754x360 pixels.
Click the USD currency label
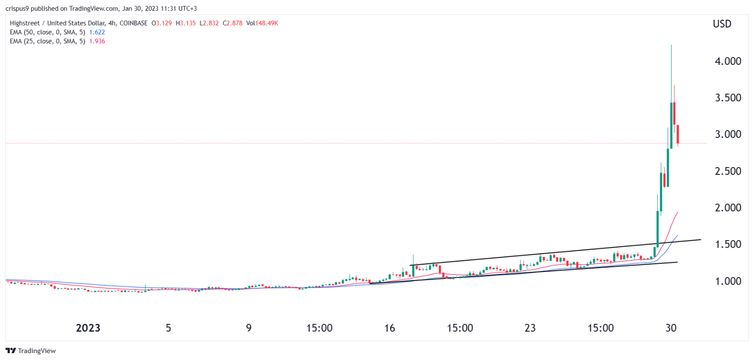tap(721, 24)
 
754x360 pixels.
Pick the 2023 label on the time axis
tap(88, 328)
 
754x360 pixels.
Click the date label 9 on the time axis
tap(249, 328)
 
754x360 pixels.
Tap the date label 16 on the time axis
tap(390, 328)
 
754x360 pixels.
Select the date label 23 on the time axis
tap(530, 328)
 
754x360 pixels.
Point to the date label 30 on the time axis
tap(671, 328)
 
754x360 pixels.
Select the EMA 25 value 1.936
tap(96, 41)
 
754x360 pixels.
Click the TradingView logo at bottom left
tap(31, 351)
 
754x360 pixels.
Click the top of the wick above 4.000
tap(671, 45)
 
